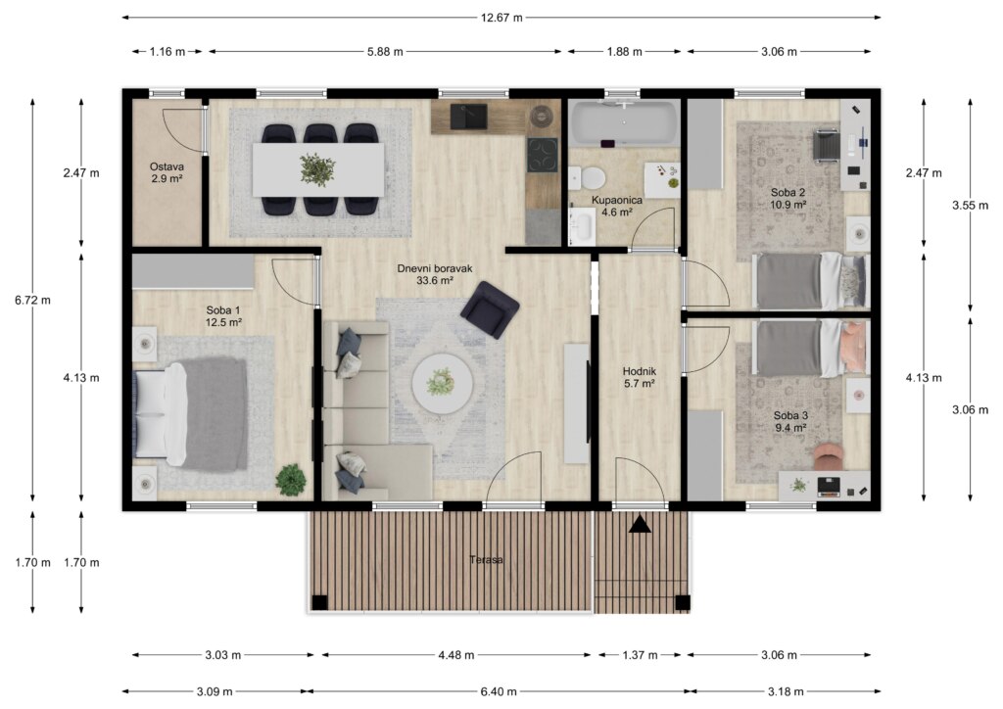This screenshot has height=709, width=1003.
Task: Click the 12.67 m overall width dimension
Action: coord(501,18)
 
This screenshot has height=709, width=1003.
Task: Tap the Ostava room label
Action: coord(167,166)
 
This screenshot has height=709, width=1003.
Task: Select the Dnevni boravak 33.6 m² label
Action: coord(435,274)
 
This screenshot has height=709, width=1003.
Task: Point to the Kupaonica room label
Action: coord(617,200)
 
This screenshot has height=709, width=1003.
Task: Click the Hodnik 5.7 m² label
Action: coord(640,377)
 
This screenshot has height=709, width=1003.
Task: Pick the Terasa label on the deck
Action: coord(486,560)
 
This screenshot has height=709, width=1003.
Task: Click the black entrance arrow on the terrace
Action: coord(640,524)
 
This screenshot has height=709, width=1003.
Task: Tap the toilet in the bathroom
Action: coord(588,177)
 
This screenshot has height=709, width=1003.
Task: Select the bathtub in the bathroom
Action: coord(624,122)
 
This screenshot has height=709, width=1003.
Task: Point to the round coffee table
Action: coord(442,385)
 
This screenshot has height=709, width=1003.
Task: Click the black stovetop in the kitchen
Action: coord(543,155)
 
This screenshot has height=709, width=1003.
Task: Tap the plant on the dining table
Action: coord(317,168)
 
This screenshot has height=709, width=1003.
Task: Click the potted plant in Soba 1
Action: coord(291,479)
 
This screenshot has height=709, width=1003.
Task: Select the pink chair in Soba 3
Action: coord(830,456)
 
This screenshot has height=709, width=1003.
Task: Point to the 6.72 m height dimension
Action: coord(32,300)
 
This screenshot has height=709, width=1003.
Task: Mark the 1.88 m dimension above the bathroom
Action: coord(624,52)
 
